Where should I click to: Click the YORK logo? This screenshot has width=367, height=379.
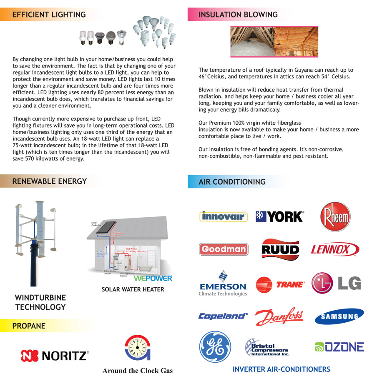tap(279, 216)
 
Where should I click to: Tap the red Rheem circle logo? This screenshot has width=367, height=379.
tap(335, 217)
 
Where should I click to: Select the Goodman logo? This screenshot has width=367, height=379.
tap(224, 249)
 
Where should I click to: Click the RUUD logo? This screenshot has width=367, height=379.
tap(280, 249)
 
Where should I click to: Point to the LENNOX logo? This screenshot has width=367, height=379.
tap(335, 250)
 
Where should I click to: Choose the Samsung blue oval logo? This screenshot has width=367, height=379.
tap(339, 316)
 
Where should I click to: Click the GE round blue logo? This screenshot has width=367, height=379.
tap(215, 346)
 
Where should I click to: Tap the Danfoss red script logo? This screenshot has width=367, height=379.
tap(279, 316)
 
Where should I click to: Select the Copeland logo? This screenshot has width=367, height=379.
tap(223, 316)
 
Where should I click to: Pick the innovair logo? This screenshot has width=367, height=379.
tap(224, 216)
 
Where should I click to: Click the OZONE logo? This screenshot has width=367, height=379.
tap(339, 347)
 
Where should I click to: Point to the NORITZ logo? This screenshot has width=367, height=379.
tap(55, 356)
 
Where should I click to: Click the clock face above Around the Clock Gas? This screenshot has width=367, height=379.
tap(137, 347)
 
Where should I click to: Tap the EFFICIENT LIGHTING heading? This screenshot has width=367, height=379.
tap(49, 15)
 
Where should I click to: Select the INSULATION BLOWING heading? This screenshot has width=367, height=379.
tap(238, 15)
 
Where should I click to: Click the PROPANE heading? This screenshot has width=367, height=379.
tap(29, 326)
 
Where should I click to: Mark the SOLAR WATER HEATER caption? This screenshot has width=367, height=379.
tap(133, 289)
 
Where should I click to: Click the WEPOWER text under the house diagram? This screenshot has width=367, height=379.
tap(153, 278)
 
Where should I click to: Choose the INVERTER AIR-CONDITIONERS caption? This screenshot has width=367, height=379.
tap(281, 369)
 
